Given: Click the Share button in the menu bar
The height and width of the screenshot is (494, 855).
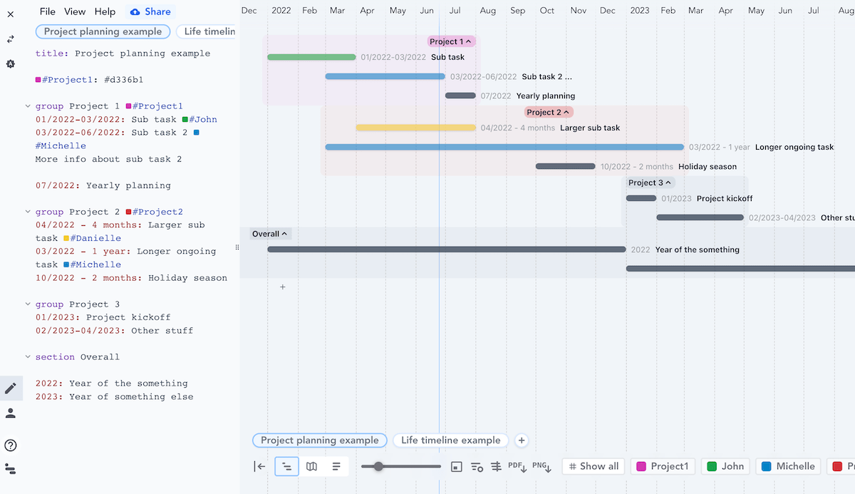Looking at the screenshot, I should tap(150, 11).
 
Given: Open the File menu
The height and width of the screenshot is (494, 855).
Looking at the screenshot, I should tap(47, 11).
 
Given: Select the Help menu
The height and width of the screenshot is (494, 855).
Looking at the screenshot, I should tap(105, 11).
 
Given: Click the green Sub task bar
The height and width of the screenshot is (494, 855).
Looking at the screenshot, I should tap(311, 57).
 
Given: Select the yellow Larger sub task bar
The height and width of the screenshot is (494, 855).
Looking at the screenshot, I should tap(415, 128).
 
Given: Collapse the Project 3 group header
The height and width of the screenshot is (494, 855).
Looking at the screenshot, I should tap(650, 182).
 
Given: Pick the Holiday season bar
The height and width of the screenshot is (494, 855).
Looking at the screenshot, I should tap(565, 166).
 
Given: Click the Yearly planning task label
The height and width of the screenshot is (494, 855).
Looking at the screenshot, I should tap(545, 96).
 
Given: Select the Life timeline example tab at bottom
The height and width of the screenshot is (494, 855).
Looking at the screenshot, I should tap(450, 441).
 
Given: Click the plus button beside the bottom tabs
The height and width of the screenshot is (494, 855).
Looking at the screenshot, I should tap(522, 441).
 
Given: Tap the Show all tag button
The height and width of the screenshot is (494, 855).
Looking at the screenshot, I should tap(593, 466).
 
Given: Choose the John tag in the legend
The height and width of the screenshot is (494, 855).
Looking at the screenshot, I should tap(725, 466).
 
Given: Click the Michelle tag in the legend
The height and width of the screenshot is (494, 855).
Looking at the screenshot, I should tap(788, 466).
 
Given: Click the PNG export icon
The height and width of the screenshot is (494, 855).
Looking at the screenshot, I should tap(541, 467).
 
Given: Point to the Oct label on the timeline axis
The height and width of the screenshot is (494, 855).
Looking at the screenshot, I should tap(546, 11).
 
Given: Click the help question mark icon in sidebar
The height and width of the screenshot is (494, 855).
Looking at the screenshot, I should tap(11, 446).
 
